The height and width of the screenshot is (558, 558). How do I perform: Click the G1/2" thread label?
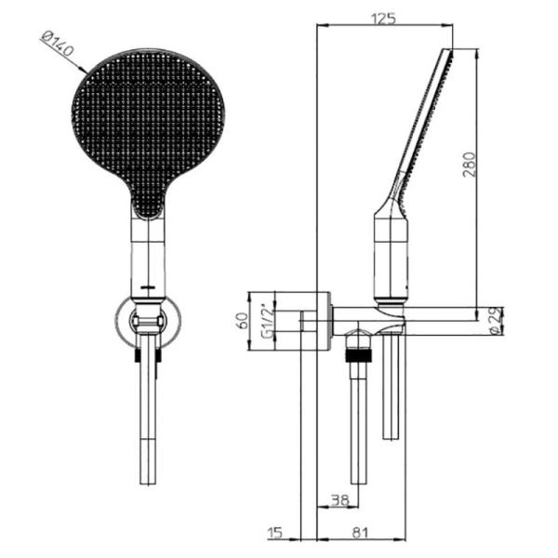tap(267, 322)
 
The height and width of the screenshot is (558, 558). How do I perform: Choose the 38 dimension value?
tap(340, 499)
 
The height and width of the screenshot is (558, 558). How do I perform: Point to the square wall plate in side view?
tap(315, 322)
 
